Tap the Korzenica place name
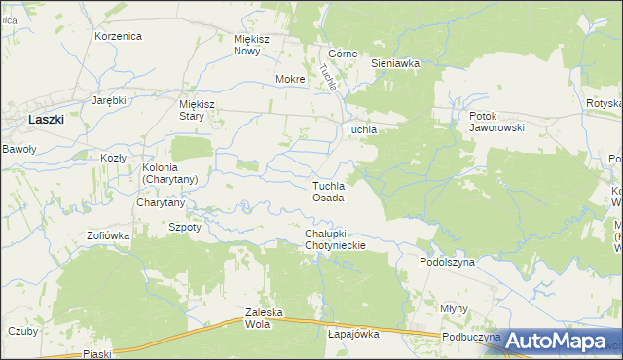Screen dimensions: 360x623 point(119,36)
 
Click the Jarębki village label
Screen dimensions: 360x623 point(110,100)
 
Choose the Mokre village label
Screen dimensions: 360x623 point(290,79)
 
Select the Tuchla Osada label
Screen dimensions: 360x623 point(328,192)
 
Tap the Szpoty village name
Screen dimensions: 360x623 point(185,226)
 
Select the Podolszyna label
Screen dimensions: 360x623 point(447,262)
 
